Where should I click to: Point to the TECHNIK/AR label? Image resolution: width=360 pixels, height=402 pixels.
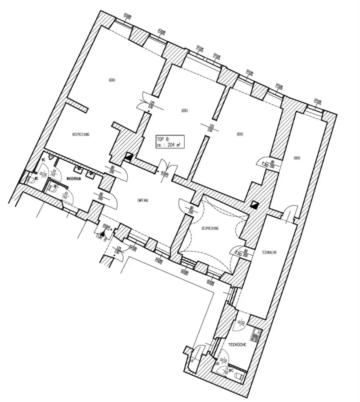[269, 254]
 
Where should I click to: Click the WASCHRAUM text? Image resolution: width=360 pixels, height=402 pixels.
[73, 178]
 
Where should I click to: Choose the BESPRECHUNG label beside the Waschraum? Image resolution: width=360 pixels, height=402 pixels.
[81, 134]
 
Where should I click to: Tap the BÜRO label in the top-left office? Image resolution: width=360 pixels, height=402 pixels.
[112, 80]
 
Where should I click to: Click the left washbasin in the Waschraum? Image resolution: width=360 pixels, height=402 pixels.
[79, 170]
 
